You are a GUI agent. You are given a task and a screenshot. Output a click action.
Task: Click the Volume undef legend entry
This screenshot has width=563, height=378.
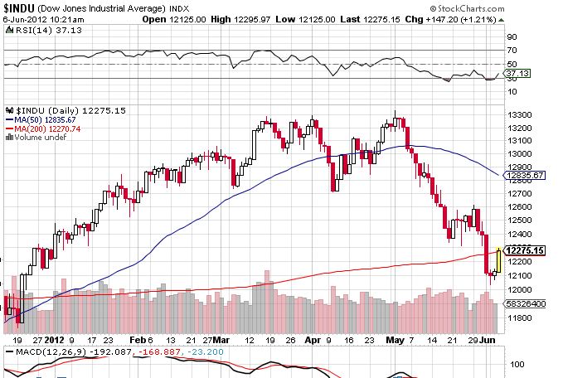tap(36, 138)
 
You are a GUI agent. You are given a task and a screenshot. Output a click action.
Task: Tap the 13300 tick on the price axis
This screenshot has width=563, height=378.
tap(519, 114)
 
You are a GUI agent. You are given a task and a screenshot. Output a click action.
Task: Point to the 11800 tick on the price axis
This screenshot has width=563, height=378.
tap(519, 317)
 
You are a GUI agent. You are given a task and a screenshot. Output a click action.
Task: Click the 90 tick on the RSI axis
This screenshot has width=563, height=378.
tap(512, 37)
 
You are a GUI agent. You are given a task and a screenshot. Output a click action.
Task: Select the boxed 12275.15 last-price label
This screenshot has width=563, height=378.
tap(525, 251)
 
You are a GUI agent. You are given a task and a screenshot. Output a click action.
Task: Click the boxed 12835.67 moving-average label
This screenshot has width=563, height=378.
tap(525, 176)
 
